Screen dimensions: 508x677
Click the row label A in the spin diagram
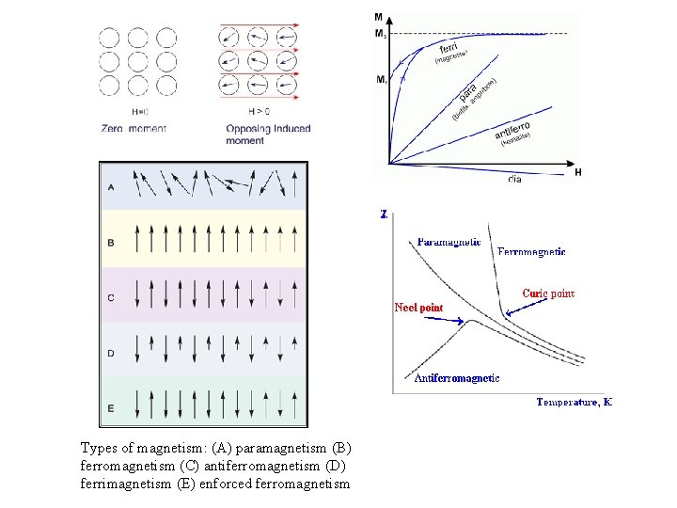tap(111, 186)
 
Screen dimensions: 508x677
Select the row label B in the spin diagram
tap(111, 243)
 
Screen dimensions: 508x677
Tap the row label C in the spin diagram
tap(111, 298)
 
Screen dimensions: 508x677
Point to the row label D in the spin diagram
tap(111, 354)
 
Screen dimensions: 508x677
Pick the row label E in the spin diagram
tap(111, 407)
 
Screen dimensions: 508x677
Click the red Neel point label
tap(418, 308)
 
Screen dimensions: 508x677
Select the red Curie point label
tap(548, 294)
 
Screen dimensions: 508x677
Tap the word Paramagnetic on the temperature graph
tap(449, 242)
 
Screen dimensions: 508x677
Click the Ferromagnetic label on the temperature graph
tap(531, 252)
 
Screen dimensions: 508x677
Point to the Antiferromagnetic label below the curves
tap(457, 378)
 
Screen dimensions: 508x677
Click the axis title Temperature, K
tap(574, 402)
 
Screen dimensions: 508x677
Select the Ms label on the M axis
tap(380, 34)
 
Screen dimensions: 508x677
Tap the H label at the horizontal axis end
tap(577, 172)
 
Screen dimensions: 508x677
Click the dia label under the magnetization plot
tap(515, 179)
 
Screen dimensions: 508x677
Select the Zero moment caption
tap(135, 128)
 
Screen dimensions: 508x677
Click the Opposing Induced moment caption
tap(268, 134)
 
